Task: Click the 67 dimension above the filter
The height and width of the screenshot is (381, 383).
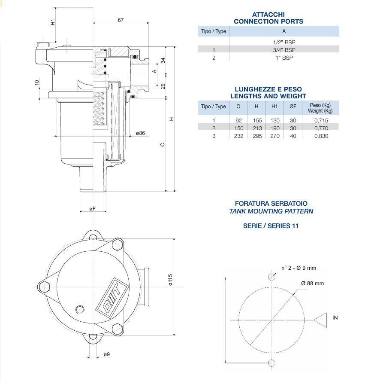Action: (x=121, y=21)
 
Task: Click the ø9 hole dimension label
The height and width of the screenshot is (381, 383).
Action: (x=107, y=354)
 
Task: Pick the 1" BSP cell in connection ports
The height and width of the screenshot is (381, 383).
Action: (x=283, y=58)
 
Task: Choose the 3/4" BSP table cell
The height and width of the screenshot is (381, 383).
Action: (x=283, y=50)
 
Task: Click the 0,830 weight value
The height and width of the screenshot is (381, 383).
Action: (x=320, y=136)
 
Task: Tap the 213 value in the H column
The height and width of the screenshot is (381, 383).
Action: (x=256, y=128)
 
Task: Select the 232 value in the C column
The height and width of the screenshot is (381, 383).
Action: (x=238, y=136)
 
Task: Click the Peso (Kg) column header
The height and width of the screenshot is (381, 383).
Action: (x=320, y=108)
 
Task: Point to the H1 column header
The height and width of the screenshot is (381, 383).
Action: (x=274, y=107)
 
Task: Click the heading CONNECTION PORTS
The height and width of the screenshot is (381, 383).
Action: (x=268, y=21)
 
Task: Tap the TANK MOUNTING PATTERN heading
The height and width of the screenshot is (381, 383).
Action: (x=271, y=211)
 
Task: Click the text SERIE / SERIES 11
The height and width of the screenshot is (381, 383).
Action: (x=271, y=226)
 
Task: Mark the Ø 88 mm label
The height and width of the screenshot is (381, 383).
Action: (x=312, y=283)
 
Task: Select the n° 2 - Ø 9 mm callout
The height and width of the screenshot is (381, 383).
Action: (x=299, y=268)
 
